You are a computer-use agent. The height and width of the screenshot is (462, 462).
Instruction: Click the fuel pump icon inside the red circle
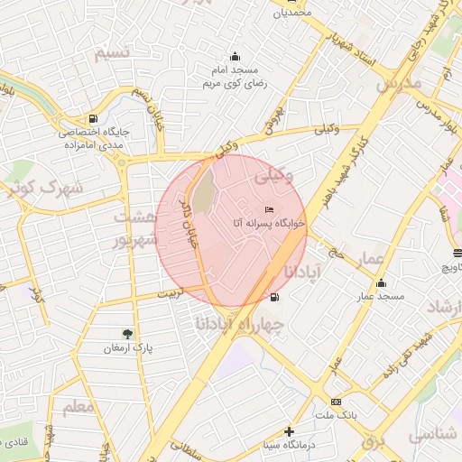(x=273, y=297)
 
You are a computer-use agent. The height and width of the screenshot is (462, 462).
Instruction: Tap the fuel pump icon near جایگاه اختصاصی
(x=93, y=118)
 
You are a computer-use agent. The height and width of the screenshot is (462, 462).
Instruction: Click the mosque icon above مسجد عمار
(x=381, y=282)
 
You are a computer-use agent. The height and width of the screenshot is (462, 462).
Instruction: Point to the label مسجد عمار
(x=379, y=296)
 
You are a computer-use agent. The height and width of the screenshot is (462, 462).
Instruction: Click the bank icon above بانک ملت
(x=336, y=401)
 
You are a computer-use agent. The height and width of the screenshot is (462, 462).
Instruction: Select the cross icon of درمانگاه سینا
(x=288, y=431)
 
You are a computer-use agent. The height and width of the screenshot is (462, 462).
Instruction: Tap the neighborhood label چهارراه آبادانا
(x=239, y=322)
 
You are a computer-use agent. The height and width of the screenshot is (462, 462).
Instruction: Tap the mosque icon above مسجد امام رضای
(x=236, y=56)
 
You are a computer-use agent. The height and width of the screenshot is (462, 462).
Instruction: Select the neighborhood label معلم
(x=79, y=407)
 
